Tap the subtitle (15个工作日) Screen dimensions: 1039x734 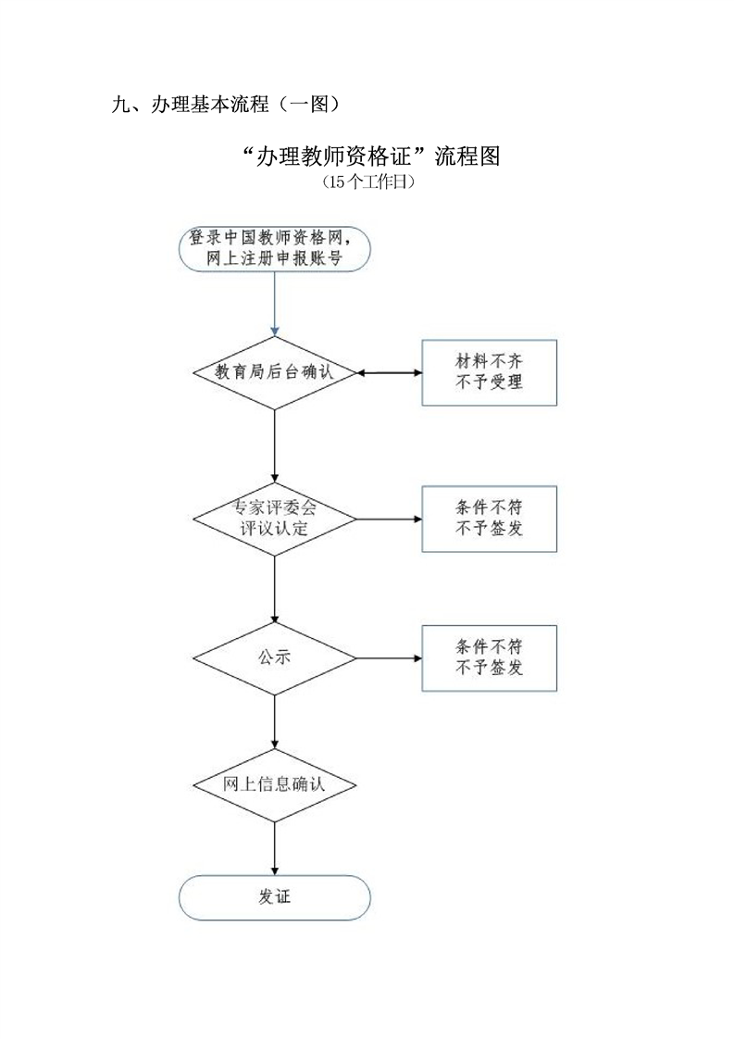(x=367, y=182)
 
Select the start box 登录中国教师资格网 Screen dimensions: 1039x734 (x=274, y=247)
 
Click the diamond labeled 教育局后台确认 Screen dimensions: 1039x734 (x=274, y=372)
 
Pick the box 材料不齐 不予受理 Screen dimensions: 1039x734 (x=489, y=372)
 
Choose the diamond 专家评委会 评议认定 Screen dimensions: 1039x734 (x=274, y=519)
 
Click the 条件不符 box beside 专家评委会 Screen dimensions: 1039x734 (x=489, y=519)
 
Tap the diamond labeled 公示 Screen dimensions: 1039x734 (x=274, y=657)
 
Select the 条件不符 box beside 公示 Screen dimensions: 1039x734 (x=489, y=657)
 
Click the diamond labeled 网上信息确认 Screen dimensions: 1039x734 (x=274, y=784)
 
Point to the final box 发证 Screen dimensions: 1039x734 (x=274, y=897)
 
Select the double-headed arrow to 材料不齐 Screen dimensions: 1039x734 (x=389, y=372)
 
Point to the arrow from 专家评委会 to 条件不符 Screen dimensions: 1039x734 (x=389, y=519)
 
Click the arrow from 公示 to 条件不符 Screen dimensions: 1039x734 (x=389, y=658)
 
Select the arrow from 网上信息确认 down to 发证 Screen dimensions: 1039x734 (x=274, y=847)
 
